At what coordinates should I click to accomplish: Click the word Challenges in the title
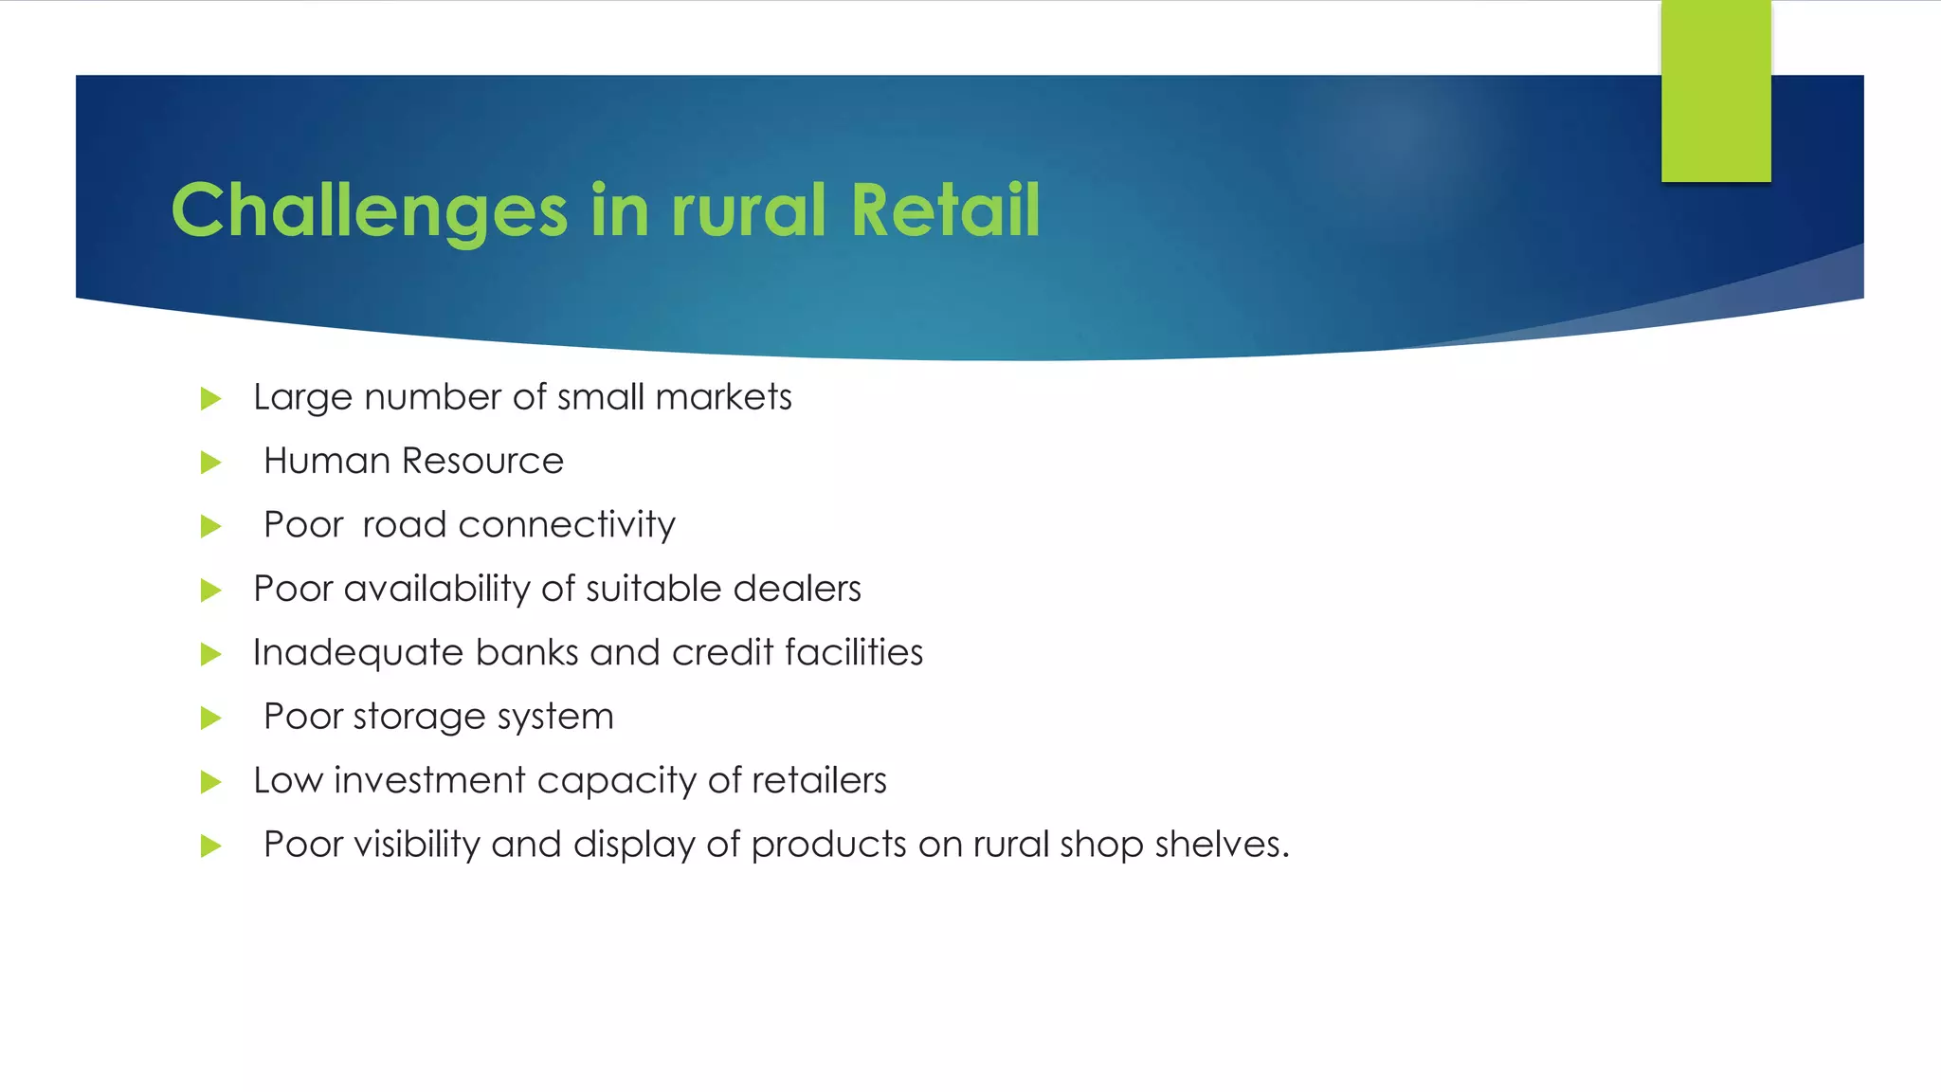[x=370, y=210]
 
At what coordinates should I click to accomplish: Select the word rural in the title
[x=749, y=210]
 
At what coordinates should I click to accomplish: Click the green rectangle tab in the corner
[x=1715, y=91]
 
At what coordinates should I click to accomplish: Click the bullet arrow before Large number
[x=210, y=399]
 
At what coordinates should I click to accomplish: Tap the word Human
[x=327, y=462]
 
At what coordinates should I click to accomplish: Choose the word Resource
[x=482, y=462]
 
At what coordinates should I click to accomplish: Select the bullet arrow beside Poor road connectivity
[x=210, y=527]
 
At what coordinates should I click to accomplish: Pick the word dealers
[x=796, y=589]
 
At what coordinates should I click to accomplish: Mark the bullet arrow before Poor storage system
[x=210, y=719]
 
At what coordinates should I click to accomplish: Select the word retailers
[x=819, y=781]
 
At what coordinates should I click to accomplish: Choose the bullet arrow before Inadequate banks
[x=210, y=655]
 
